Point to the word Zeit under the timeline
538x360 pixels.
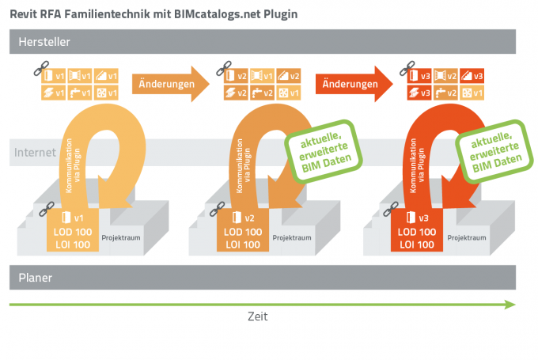point(257,316)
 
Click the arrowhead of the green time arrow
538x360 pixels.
point(510,302)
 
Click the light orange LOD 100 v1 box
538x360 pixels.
point(74,233)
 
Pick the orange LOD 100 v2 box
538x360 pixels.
point(245,233)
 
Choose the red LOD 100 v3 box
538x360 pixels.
point(416,233)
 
